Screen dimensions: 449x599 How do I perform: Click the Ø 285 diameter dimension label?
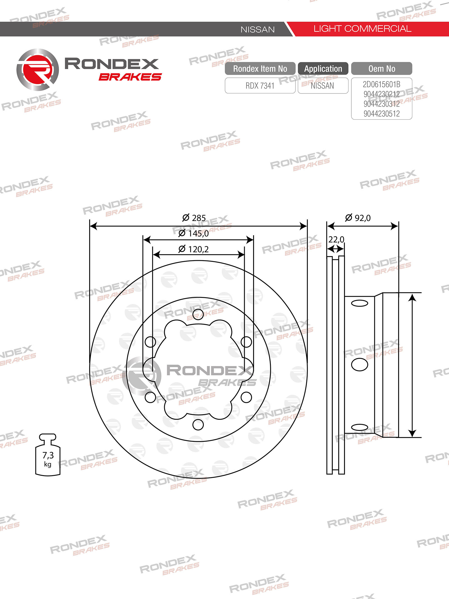tap(194, 218)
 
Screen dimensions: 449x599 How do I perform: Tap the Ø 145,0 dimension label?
tap(194, 233)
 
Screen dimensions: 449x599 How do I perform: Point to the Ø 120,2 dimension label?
tap(194, 249)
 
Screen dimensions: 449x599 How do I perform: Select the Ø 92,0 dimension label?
tap(358, 218)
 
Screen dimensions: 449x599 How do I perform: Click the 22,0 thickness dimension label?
tap(336, 239)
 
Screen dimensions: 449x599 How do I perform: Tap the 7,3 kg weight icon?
tap(48, 455)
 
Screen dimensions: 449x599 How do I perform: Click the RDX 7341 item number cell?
tap(260, 86)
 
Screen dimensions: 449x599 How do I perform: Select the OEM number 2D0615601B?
tap(382, 84)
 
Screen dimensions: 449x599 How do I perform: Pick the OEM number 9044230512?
tap(382, 114)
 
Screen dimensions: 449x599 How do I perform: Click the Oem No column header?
tap(382, 68)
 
